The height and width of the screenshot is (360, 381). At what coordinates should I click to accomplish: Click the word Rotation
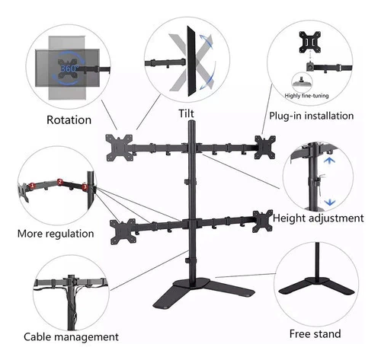click(69, 119)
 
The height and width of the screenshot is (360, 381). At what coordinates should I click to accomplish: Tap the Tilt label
click(186, 113)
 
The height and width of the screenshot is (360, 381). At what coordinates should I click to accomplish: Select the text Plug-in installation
click(312, 116)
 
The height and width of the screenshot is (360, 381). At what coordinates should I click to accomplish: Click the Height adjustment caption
click(319, 218)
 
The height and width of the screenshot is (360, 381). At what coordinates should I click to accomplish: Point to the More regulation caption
click(56, 234)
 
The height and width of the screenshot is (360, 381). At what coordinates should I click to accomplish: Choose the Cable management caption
click(71, 337)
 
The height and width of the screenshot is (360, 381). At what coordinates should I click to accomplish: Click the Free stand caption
click(315, 333)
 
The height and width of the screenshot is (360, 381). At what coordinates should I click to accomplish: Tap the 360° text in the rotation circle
click(69, 68)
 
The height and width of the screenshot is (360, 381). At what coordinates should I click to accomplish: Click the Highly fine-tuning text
click(306, 96)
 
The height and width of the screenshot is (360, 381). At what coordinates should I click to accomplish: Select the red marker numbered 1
click(32, 186)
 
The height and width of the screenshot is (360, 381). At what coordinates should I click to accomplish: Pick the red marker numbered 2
click(60, 182)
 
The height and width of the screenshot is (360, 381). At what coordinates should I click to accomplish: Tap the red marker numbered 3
click(85, 187)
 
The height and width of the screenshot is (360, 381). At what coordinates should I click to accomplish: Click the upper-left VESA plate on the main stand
click(119, 148)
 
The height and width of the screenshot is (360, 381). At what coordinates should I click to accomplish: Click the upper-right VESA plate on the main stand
click(265, 147)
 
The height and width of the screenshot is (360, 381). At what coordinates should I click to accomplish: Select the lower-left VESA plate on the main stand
click(123, 231)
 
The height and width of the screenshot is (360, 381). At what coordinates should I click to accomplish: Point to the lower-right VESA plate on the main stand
click(262, 221)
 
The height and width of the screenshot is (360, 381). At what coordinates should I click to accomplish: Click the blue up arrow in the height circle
click(329, 161)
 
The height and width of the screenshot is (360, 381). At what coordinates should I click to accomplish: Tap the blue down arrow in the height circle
click(330, 202)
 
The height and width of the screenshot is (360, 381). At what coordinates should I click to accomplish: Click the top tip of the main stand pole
click(192, 121)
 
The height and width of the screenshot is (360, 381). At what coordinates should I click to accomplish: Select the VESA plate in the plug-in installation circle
click(309, 42)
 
